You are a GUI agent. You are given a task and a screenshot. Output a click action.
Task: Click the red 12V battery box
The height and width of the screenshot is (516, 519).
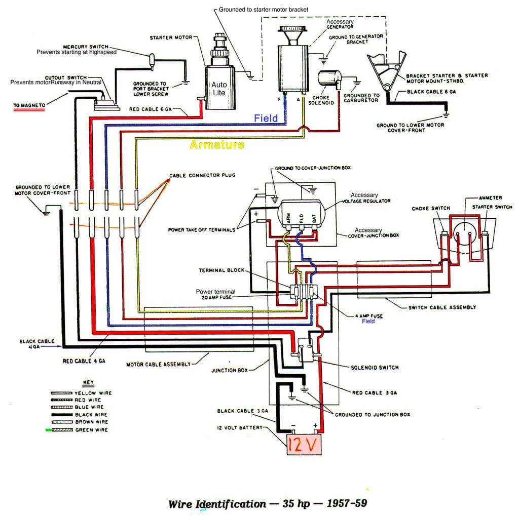click(x=304, y=445)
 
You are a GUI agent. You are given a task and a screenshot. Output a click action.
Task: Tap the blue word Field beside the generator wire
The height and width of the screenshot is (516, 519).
click(x=266, y=118)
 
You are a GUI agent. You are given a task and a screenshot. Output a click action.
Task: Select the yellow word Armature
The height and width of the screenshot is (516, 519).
click(x=217, y=144)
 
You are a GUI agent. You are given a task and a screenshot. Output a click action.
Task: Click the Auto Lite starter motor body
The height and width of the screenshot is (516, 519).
click(x=219, y=87)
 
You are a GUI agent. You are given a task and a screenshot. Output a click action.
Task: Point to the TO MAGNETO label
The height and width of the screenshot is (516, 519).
click(x=29, y=105)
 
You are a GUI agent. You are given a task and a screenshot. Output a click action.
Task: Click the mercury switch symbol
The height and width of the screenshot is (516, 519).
click(x=152, y=61)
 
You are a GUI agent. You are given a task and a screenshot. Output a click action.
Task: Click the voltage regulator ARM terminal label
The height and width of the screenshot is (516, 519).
click(x=288, y=218)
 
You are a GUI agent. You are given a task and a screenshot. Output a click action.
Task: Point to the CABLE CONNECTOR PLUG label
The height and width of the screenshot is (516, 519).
click(x=202, y=175)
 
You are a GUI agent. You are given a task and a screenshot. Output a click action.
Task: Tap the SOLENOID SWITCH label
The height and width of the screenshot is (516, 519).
click(x=375, y=368)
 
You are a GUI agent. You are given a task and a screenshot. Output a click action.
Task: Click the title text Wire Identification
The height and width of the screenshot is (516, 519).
click(x=217, y=504)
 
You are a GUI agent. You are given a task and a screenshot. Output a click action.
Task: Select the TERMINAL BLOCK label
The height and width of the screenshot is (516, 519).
click(x=221, y=270)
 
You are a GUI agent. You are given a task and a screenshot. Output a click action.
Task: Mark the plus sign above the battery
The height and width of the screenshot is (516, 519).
click(x=315, y=425)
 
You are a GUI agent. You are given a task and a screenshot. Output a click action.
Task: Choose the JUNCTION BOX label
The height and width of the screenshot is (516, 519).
click(x=230, y=371)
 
